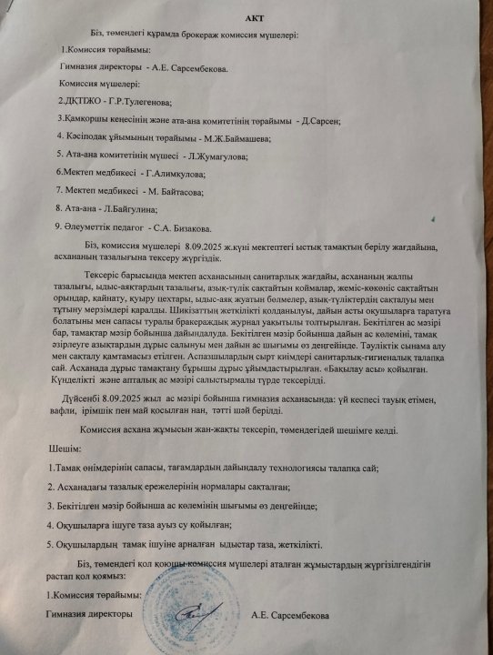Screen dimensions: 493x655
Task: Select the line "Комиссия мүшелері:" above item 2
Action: [96, 83]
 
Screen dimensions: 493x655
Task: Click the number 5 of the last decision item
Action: [52, 544]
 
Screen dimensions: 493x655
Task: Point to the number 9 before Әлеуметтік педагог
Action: [57, 227]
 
